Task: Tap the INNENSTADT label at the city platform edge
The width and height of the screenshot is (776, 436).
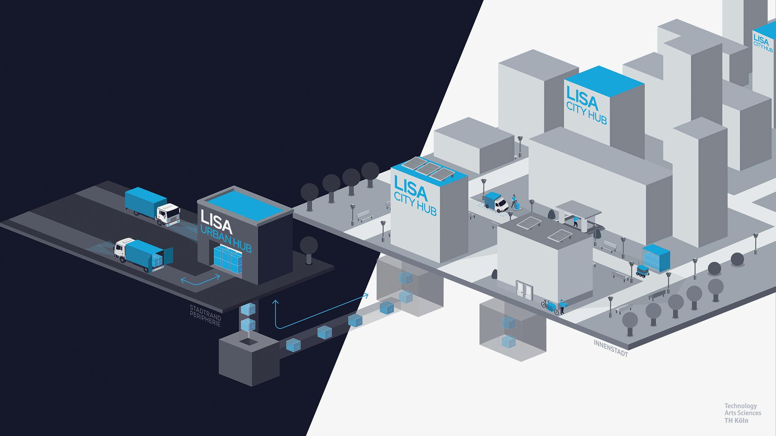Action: (611, 348)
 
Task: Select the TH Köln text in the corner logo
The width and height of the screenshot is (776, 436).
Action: (736, 421)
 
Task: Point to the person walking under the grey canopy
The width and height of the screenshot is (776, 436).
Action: (575, 221)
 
